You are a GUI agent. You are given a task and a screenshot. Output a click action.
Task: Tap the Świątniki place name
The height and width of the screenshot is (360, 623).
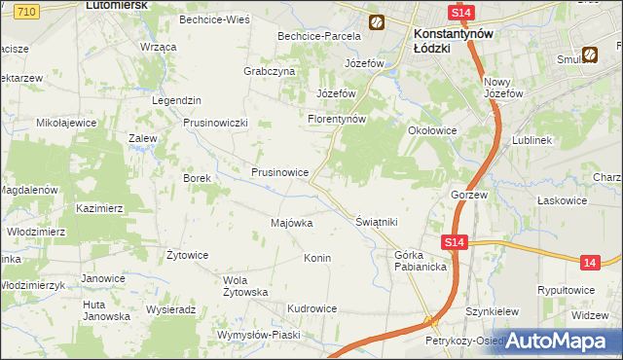[x=377, y=222]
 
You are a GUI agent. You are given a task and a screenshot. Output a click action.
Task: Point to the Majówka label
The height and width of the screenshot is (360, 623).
[x=291, y=223]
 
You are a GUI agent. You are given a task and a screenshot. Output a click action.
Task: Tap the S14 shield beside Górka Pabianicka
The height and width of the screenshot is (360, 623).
[x=454, y=242]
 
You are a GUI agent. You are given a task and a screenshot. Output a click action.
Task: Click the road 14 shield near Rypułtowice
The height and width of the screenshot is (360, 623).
[x=589, y=262]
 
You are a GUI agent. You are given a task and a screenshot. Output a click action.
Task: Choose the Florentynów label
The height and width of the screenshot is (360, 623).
[x=336, y=120]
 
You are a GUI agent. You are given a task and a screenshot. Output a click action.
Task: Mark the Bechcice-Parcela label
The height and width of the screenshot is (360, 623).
[x=319, y=36]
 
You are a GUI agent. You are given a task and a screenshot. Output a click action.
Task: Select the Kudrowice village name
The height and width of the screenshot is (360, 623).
[x=311, y=308]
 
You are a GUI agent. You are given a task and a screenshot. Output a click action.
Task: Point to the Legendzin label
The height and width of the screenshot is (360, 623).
[x=176, y=101]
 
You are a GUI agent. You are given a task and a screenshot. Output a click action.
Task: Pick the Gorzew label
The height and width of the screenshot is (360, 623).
[x=468, y=194]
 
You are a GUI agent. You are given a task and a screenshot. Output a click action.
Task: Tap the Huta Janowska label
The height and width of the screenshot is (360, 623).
[x=105, y=309]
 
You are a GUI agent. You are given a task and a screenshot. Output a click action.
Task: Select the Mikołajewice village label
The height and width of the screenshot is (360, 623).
[x=66, y=124]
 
